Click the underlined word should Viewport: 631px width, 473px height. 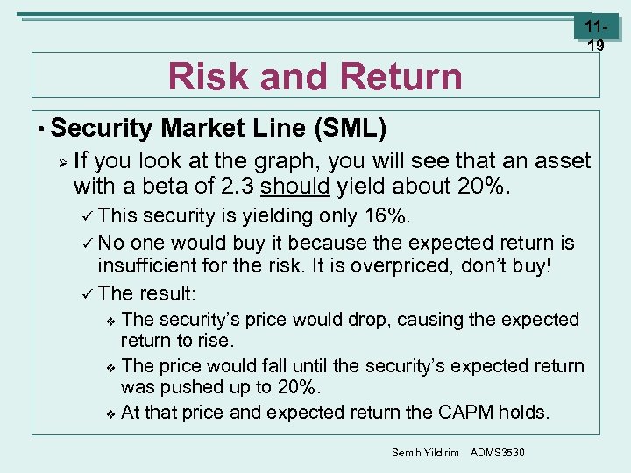pyautogui.click(x=293, y=186)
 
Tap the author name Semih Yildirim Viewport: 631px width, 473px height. pyautogui.click(x=424, y=452)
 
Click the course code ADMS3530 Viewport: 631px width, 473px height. pyautogui.click(x=497, y=452)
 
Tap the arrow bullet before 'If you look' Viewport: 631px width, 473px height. pyautogui.click(x=60, y=161)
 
